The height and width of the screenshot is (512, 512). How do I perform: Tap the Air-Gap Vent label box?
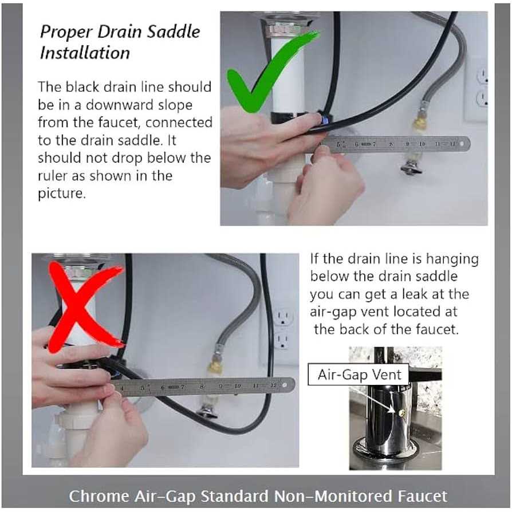click(x=359, y=375)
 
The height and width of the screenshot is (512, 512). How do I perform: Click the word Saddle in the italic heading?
click(x=174, y=31)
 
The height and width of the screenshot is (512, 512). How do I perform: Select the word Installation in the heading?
click(x=85, y=53)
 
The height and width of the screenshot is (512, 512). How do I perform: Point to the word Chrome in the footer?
click(x=99, y=497)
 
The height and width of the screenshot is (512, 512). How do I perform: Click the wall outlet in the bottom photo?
click(x=282, y=329)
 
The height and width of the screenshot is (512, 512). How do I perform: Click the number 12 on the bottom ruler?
click(x=274, y=385)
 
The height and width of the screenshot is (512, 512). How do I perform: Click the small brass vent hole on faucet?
click(x=402, y=413)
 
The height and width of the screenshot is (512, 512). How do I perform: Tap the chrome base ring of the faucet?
click(x=385, y=451)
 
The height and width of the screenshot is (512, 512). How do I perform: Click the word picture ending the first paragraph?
click(x=62, y=194)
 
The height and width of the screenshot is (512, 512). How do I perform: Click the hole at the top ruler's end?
click(x=462, y=144)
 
